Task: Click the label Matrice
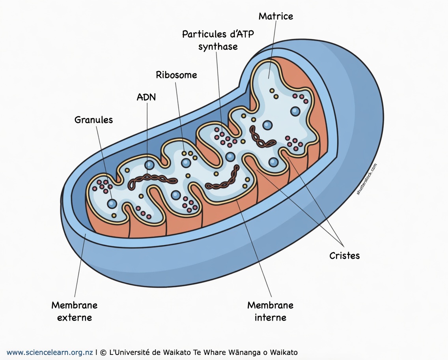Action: pos(276,16)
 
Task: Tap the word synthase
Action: pos(218,47)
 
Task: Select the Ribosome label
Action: pos(176,75)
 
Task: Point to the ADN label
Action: pos(146,97)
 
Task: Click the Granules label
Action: pos(93,120)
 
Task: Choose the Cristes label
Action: pos(345,255)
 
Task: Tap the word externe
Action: pos(75,317)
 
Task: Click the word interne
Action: pos(271,317)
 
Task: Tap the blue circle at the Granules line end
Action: pos(112,204)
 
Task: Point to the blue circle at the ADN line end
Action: pos(149,165)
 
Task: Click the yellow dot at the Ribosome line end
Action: pos(184,153)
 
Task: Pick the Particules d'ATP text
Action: pos(218,34)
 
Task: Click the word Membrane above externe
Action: pos(75,305)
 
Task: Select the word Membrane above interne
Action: pos(271,305)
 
